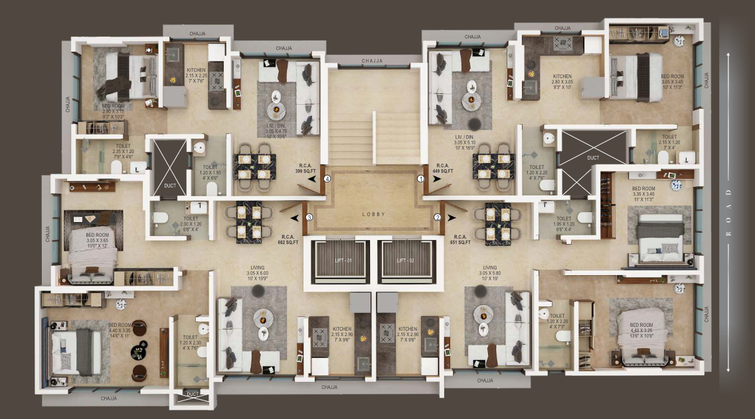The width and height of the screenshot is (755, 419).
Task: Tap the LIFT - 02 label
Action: (x=406, y=261)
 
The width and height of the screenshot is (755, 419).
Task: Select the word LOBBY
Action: (x=373, y=214)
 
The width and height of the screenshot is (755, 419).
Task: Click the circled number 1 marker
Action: (x=420, y=178)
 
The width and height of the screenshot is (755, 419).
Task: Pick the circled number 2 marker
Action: (x=438, y=217)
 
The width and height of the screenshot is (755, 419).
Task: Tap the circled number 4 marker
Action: (x=327, y=178)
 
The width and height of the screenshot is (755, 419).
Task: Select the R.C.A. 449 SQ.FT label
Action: (x=442, y=168)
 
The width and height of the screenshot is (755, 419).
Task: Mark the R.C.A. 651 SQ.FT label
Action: (x=459, y=239)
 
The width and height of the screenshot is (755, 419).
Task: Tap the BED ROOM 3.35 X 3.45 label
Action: (x=645, y=194)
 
